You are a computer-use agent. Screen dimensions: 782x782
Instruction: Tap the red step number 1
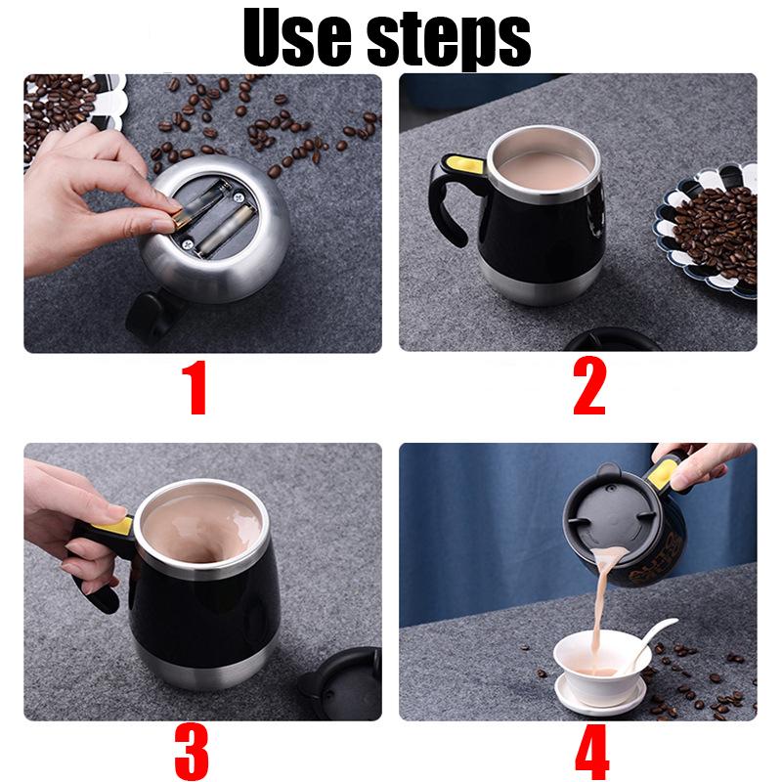click(x=196, y=388)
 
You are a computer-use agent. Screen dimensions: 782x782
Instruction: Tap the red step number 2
click(x=588, y=388)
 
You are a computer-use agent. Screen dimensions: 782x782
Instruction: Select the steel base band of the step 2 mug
click(x=543, y=283)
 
